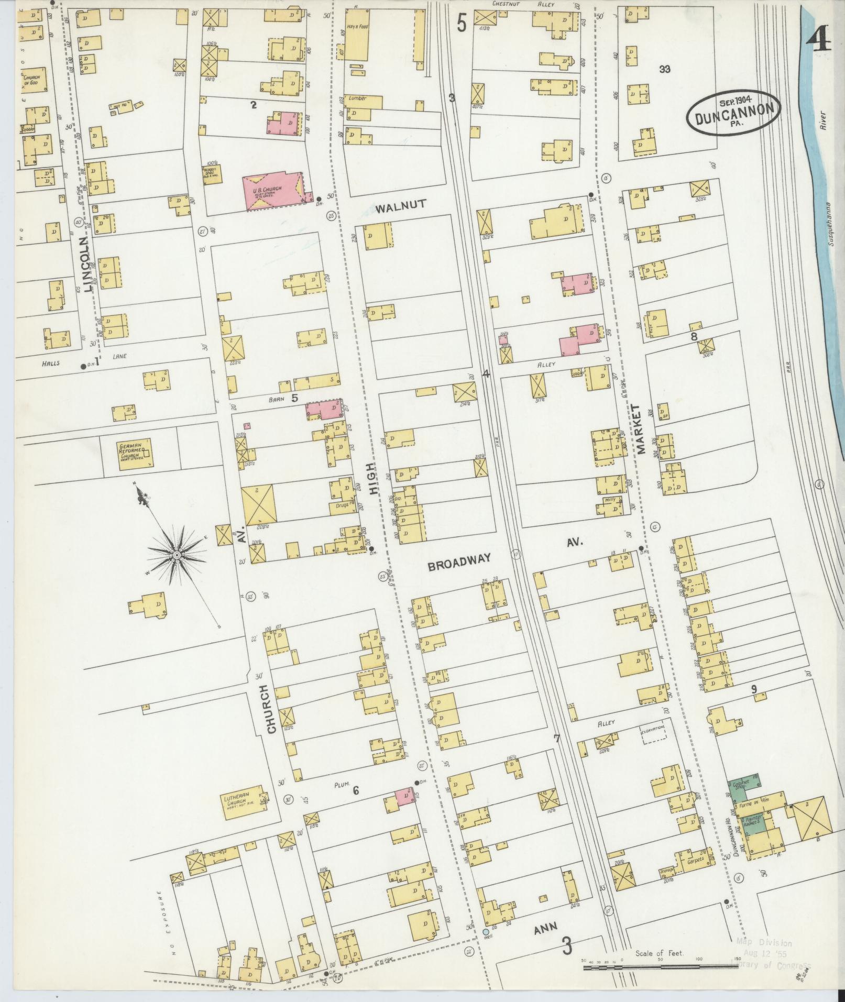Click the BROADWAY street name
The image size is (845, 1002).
459,559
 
